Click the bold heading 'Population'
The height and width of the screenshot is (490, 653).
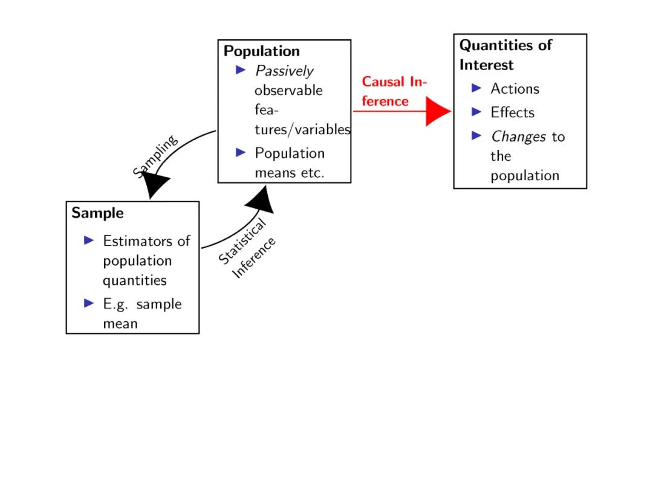click(261, 51)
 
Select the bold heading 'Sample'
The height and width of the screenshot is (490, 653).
click(97, 213)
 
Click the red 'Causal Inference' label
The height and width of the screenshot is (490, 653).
click(393, 91)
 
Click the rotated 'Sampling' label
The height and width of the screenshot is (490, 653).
click(155, 156)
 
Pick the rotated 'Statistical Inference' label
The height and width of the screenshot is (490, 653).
click(247, 250)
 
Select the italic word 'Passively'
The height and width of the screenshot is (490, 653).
click(284, 71)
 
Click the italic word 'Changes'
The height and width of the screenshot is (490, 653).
click(518, 137)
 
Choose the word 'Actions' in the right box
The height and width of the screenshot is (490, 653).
click(515, 89)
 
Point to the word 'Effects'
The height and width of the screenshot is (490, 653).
click(513, 113)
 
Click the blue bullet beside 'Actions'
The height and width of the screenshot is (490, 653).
click(477, 88)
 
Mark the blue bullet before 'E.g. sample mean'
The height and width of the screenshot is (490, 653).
click(89, 303)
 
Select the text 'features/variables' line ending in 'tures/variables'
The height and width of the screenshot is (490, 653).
click(302, 129)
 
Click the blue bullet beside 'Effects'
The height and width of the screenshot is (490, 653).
click(477, 112)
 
